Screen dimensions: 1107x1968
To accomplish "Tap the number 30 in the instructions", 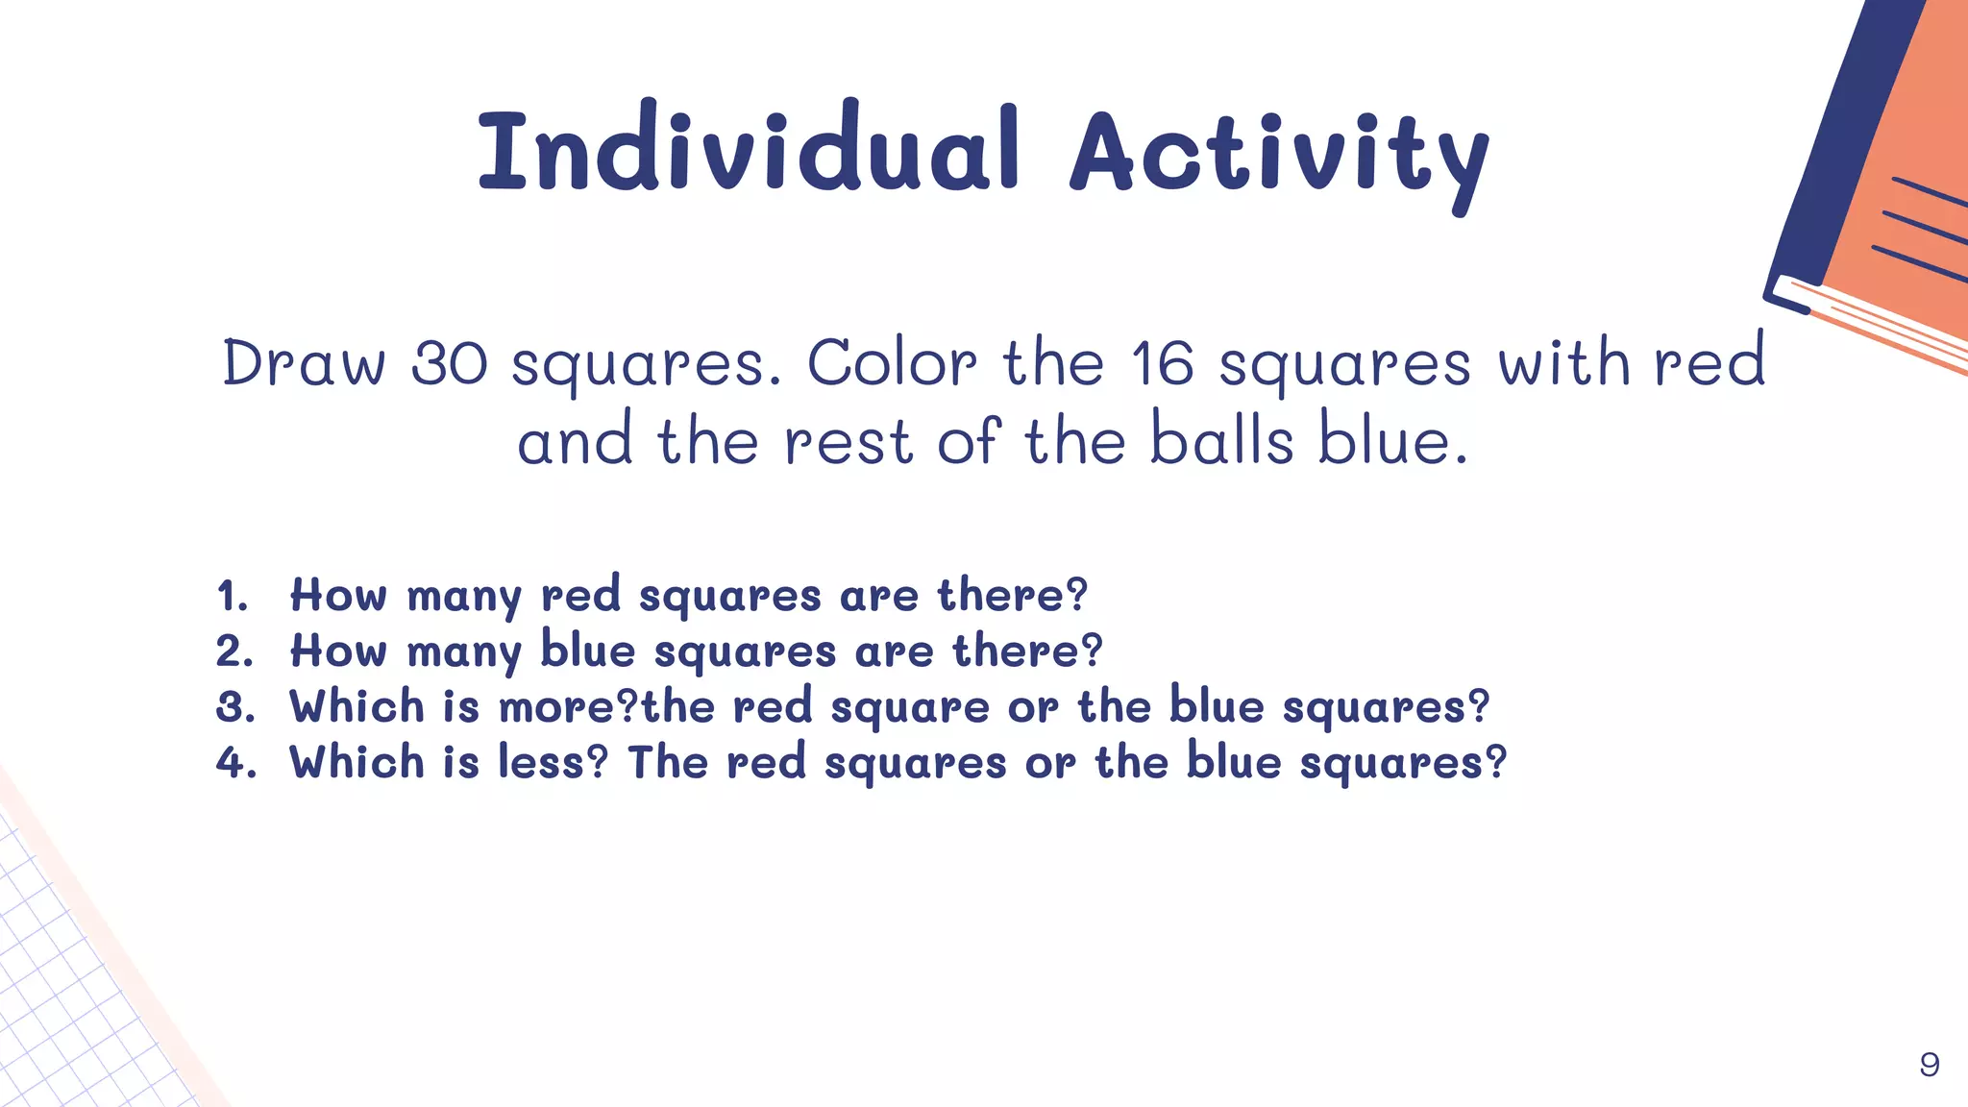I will pyautogui.click(x=450, y=364).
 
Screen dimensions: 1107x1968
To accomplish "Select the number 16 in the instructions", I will pyautogui.click(x=1162, y=364).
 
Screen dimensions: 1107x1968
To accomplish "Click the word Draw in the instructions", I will pyautogui.click(x=304, y=364).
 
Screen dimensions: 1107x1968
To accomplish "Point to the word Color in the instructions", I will pyautogui.click(x=892, y=364).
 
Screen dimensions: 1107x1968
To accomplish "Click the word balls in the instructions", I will pyautogui.click(x=1222, y=441).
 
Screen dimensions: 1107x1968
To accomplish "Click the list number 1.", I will pyautogui.click(x=232, y=596).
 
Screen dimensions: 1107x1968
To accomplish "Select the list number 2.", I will pyautogui.click(x=234, y=652).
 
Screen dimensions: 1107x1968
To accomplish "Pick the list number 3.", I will pyautogui.click(x=234, y=707).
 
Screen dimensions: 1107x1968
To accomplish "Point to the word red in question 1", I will pyautogui.click(x=580, y=595).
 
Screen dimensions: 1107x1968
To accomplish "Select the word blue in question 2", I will pyautogui.click(x=588, y=651).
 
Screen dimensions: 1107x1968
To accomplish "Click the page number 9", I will pyautogui.click(x=1929, y=1065).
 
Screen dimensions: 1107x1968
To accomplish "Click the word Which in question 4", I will pyautogui.click(x=357, y=763).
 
